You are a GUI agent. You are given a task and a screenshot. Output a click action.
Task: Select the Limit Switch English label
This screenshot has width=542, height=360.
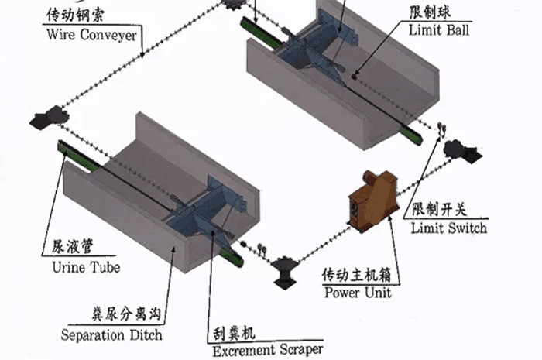(x=449, y=228)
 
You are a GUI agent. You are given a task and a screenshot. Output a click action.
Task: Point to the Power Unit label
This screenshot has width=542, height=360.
(x=357, y=293)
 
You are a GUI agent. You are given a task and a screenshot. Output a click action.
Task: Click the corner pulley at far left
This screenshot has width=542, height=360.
(x=48, y=118)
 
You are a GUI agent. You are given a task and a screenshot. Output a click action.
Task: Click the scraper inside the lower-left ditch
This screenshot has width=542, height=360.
(x=208, y=209)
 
